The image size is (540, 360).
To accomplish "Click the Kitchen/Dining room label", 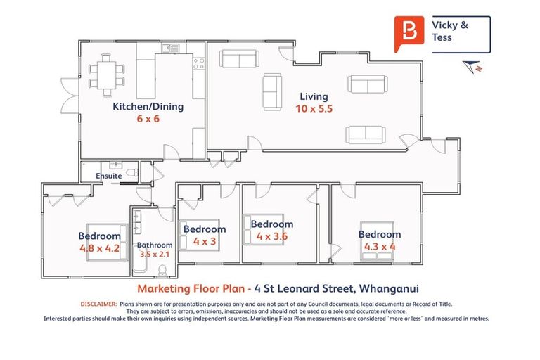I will [148, 107].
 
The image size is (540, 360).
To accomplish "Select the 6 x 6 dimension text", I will [148, 120].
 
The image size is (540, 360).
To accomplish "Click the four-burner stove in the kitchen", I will [198, 67].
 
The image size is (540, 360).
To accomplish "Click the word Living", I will [314, 96].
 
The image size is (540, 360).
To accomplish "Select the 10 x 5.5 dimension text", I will [314, 109].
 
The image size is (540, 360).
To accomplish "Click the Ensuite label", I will [110, 174].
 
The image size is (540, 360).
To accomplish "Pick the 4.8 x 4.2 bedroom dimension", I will [100, 248].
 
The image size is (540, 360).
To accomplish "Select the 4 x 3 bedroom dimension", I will [205, 241].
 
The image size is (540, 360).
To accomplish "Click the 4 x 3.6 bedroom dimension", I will [272, 236].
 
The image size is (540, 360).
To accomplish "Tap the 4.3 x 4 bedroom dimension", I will [380, 247].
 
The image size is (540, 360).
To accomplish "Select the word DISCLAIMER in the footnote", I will [98, 304].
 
